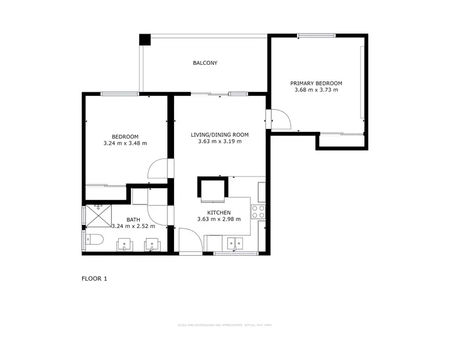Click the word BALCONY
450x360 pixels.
(x=205, y=63)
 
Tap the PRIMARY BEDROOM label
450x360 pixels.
(x=316, y=83)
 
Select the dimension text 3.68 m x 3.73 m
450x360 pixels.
(x=316, y=90)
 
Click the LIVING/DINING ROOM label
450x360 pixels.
(x=220, y=134)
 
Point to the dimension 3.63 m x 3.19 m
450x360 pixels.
(x=220, y=142)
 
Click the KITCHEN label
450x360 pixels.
(x=219, y=212)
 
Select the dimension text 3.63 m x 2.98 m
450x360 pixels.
(x=219, y=220)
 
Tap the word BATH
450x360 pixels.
(x=133, y=220)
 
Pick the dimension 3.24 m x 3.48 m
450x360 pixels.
(x=125, y=143)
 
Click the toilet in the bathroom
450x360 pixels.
(x=93, y=241)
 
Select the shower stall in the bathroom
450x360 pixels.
(x=98, y=214)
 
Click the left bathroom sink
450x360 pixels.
(x=124, y=245)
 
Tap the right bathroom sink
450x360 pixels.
(x=152, y=245)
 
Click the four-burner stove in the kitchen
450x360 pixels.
(x=259, y=211)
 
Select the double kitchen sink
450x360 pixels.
(x=234, y=244)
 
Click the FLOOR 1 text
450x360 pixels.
(x=94, y=278)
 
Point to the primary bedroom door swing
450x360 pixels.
(x=280, y=120)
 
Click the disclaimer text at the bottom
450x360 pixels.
(x=224, y=325)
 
